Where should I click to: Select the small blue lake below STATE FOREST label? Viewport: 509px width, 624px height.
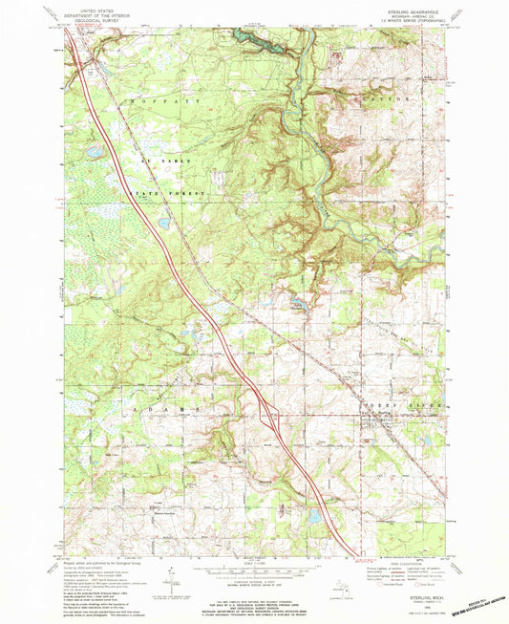[164, 224]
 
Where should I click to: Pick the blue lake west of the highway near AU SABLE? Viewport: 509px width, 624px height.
[94, 151]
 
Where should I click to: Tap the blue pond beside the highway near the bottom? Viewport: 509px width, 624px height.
[312, 516]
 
